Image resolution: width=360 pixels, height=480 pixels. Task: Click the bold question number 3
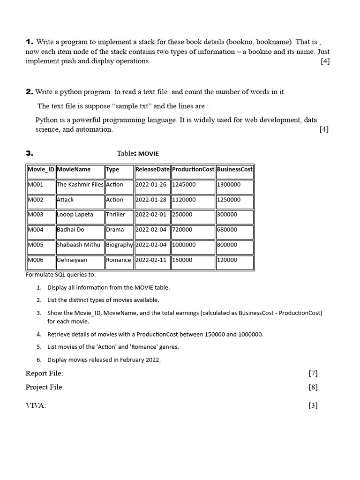(29, 153)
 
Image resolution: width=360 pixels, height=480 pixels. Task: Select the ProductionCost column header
(193, 170)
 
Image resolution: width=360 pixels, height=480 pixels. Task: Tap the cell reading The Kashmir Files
(80, 185)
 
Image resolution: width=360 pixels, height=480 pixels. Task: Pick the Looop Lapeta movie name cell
(75, 215)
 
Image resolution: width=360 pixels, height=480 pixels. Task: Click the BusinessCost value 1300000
(228, 185)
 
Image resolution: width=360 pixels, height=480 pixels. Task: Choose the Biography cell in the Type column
(119, 245)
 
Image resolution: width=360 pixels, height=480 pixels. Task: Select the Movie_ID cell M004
(36, 230)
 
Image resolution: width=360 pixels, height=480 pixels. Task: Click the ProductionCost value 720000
(182, 230)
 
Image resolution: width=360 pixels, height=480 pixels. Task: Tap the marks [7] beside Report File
(313, 374)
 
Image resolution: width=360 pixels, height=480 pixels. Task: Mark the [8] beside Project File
(313, 387)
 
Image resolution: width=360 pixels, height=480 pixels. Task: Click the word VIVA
(36, 406)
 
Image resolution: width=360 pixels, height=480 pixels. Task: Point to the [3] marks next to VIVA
(313, 406)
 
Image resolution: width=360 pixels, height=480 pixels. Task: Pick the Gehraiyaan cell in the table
(72, 260)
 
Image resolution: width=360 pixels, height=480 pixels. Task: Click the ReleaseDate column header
(152, 170)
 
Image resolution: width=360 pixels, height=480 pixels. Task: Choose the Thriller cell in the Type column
(116, 215)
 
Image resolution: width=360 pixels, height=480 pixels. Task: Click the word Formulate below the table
(39, 275)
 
